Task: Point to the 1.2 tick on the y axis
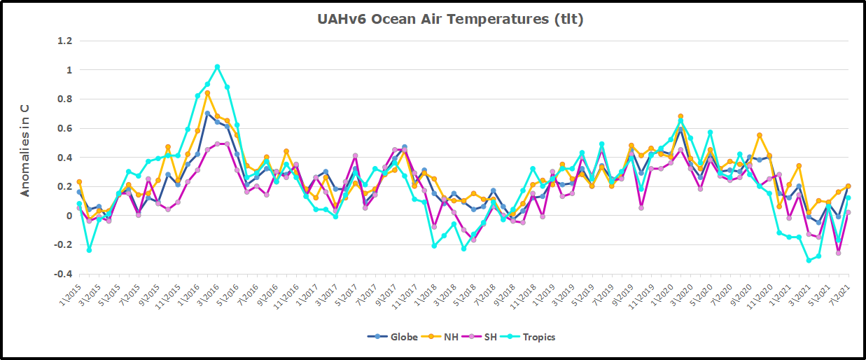pos(64,41)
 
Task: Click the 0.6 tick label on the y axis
pos(64,129)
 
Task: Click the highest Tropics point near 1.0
pos(217,67)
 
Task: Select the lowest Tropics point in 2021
pos(809,261)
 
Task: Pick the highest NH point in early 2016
pos(207,93)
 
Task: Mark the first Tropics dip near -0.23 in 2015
pos(89,250)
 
